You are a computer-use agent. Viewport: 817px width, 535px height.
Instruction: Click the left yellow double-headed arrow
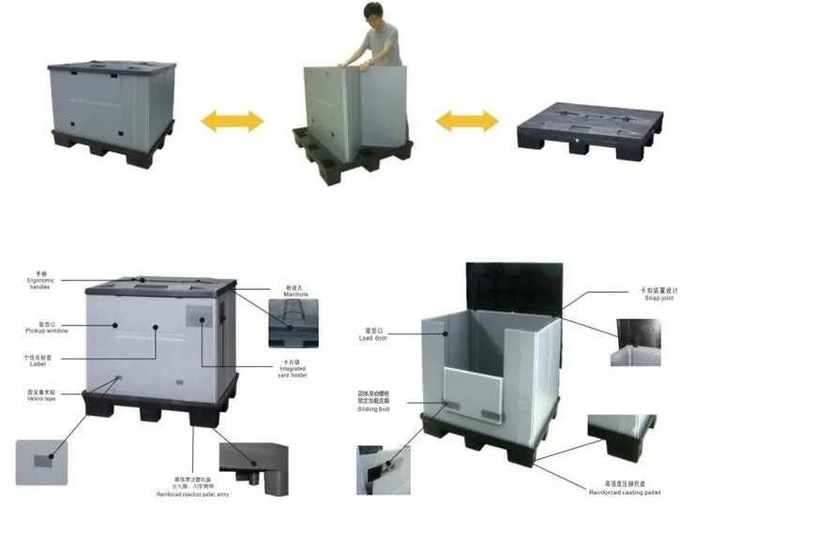pyautogui.click(x=233, y=120)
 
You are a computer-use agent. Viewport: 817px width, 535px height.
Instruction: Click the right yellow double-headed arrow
pyautogui.click(x=467, y=120)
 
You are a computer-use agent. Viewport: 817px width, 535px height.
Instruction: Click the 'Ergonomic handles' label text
pyautogui.click(x=41, y=283)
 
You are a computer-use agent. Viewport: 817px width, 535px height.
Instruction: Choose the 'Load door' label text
pyautogui.click(x=374, y=336)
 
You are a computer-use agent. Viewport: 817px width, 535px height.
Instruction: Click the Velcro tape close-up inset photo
pyautogui.click(x=41, y=462)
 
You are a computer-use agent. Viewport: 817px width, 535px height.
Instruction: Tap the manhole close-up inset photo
pyautogui.click(x=294, y=324)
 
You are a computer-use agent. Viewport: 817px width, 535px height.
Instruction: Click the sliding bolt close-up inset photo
pyautogui.click(x=383, y=469)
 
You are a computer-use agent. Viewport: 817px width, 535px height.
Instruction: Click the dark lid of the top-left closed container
pyautogui.click(x=111, y=69)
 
